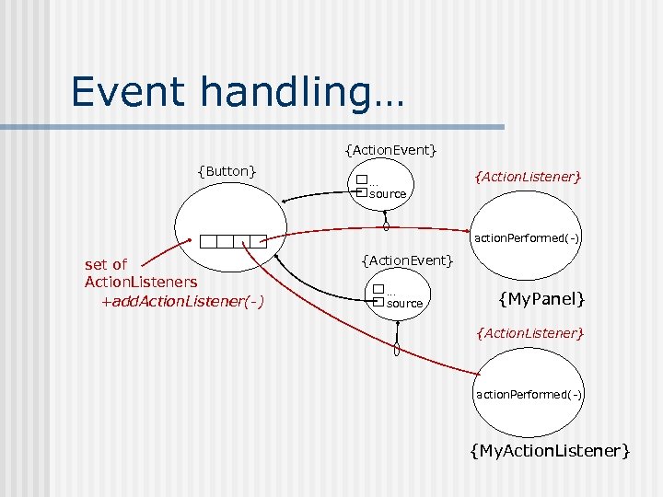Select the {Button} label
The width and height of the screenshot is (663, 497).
pos(227,170)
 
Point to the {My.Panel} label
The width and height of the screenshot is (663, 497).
pos(541,298)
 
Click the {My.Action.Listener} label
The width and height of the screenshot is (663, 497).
pos(550,450)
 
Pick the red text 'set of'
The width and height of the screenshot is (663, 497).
pos(106,265)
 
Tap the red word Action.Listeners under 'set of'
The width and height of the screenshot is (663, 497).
pos(140,282)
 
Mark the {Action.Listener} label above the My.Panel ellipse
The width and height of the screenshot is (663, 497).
pos(528,175)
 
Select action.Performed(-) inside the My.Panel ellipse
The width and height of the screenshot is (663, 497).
pos(527,238)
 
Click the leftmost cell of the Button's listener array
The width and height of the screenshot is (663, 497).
pos(209,242)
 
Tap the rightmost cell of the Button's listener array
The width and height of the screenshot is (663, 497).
pos(259,242)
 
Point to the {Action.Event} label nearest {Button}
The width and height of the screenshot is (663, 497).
pos(390,149)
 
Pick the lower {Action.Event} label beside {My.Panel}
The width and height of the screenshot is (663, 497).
pos(408,261)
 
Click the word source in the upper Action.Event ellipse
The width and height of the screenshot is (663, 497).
pos(388,194)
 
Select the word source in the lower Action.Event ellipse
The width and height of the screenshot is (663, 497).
pos(404,304)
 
